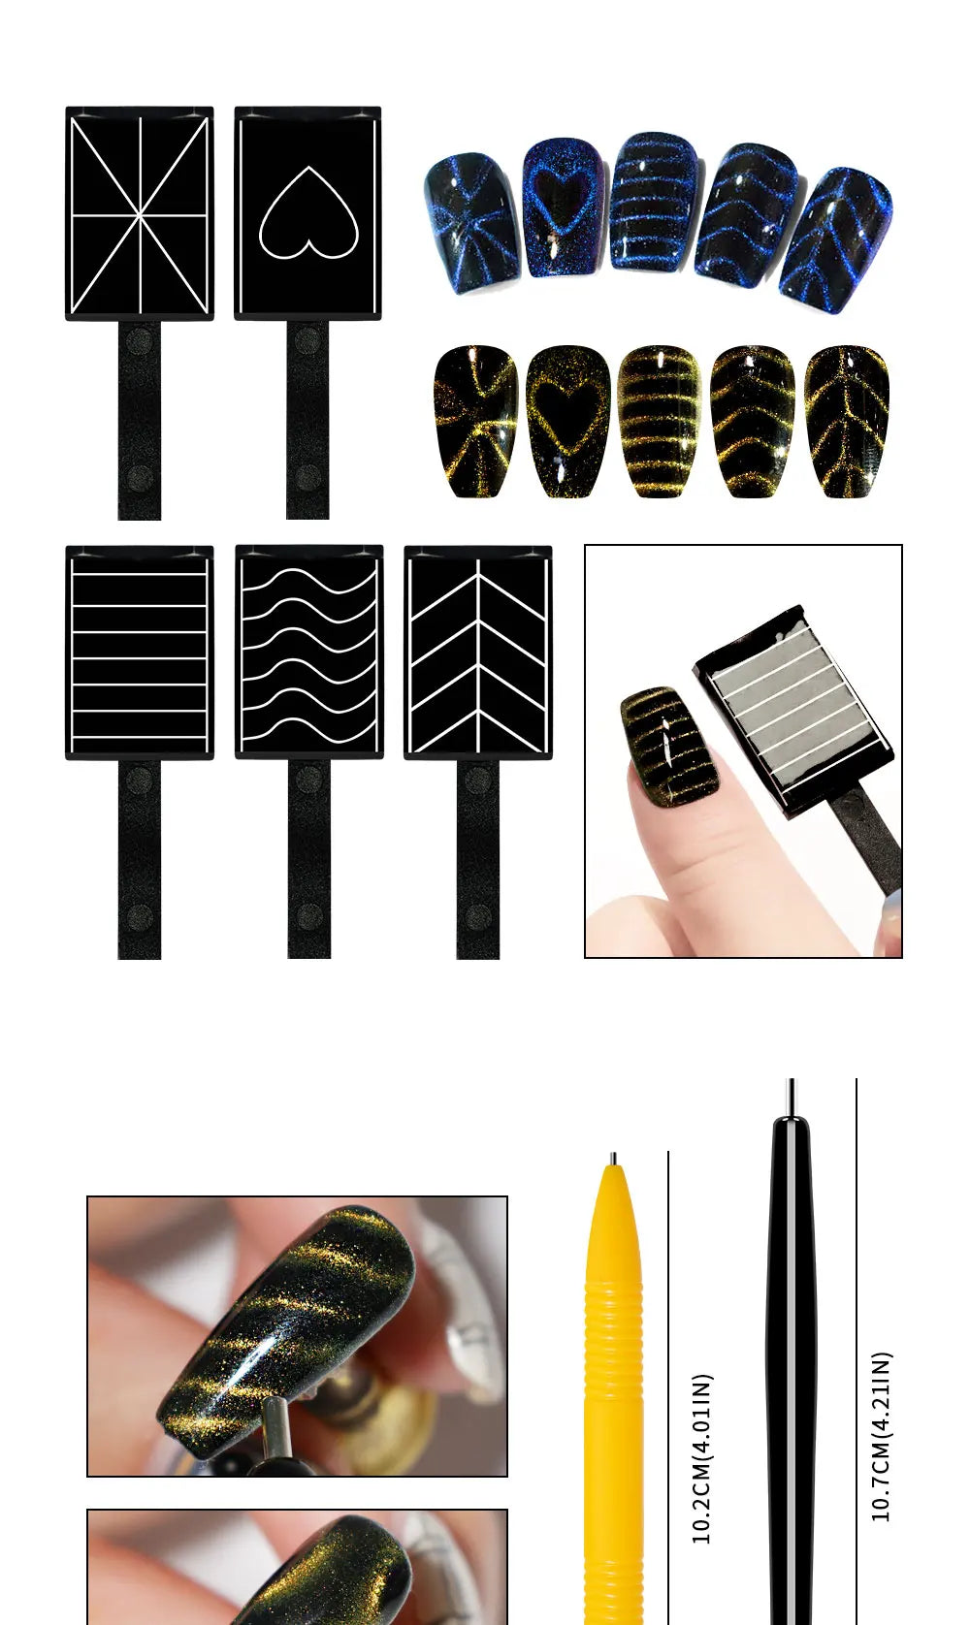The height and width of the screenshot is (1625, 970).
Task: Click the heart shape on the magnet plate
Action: pos(308,213)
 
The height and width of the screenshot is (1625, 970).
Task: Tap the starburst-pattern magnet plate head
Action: pos(140,213)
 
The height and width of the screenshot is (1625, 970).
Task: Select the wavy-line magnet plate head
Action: pos(308,652)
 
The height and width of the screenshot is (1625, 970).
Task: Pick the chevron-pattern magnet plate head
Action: pos(477,652)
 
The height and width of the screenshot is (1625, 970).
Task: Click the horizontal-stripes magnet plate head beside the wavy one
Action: pos(140,652)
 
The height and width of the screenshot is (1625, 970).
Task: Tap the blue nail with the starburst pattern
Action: pos(472,223)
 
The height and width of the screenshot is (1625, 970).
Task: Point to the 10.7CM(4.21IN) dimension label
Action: pos(881,1435)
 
